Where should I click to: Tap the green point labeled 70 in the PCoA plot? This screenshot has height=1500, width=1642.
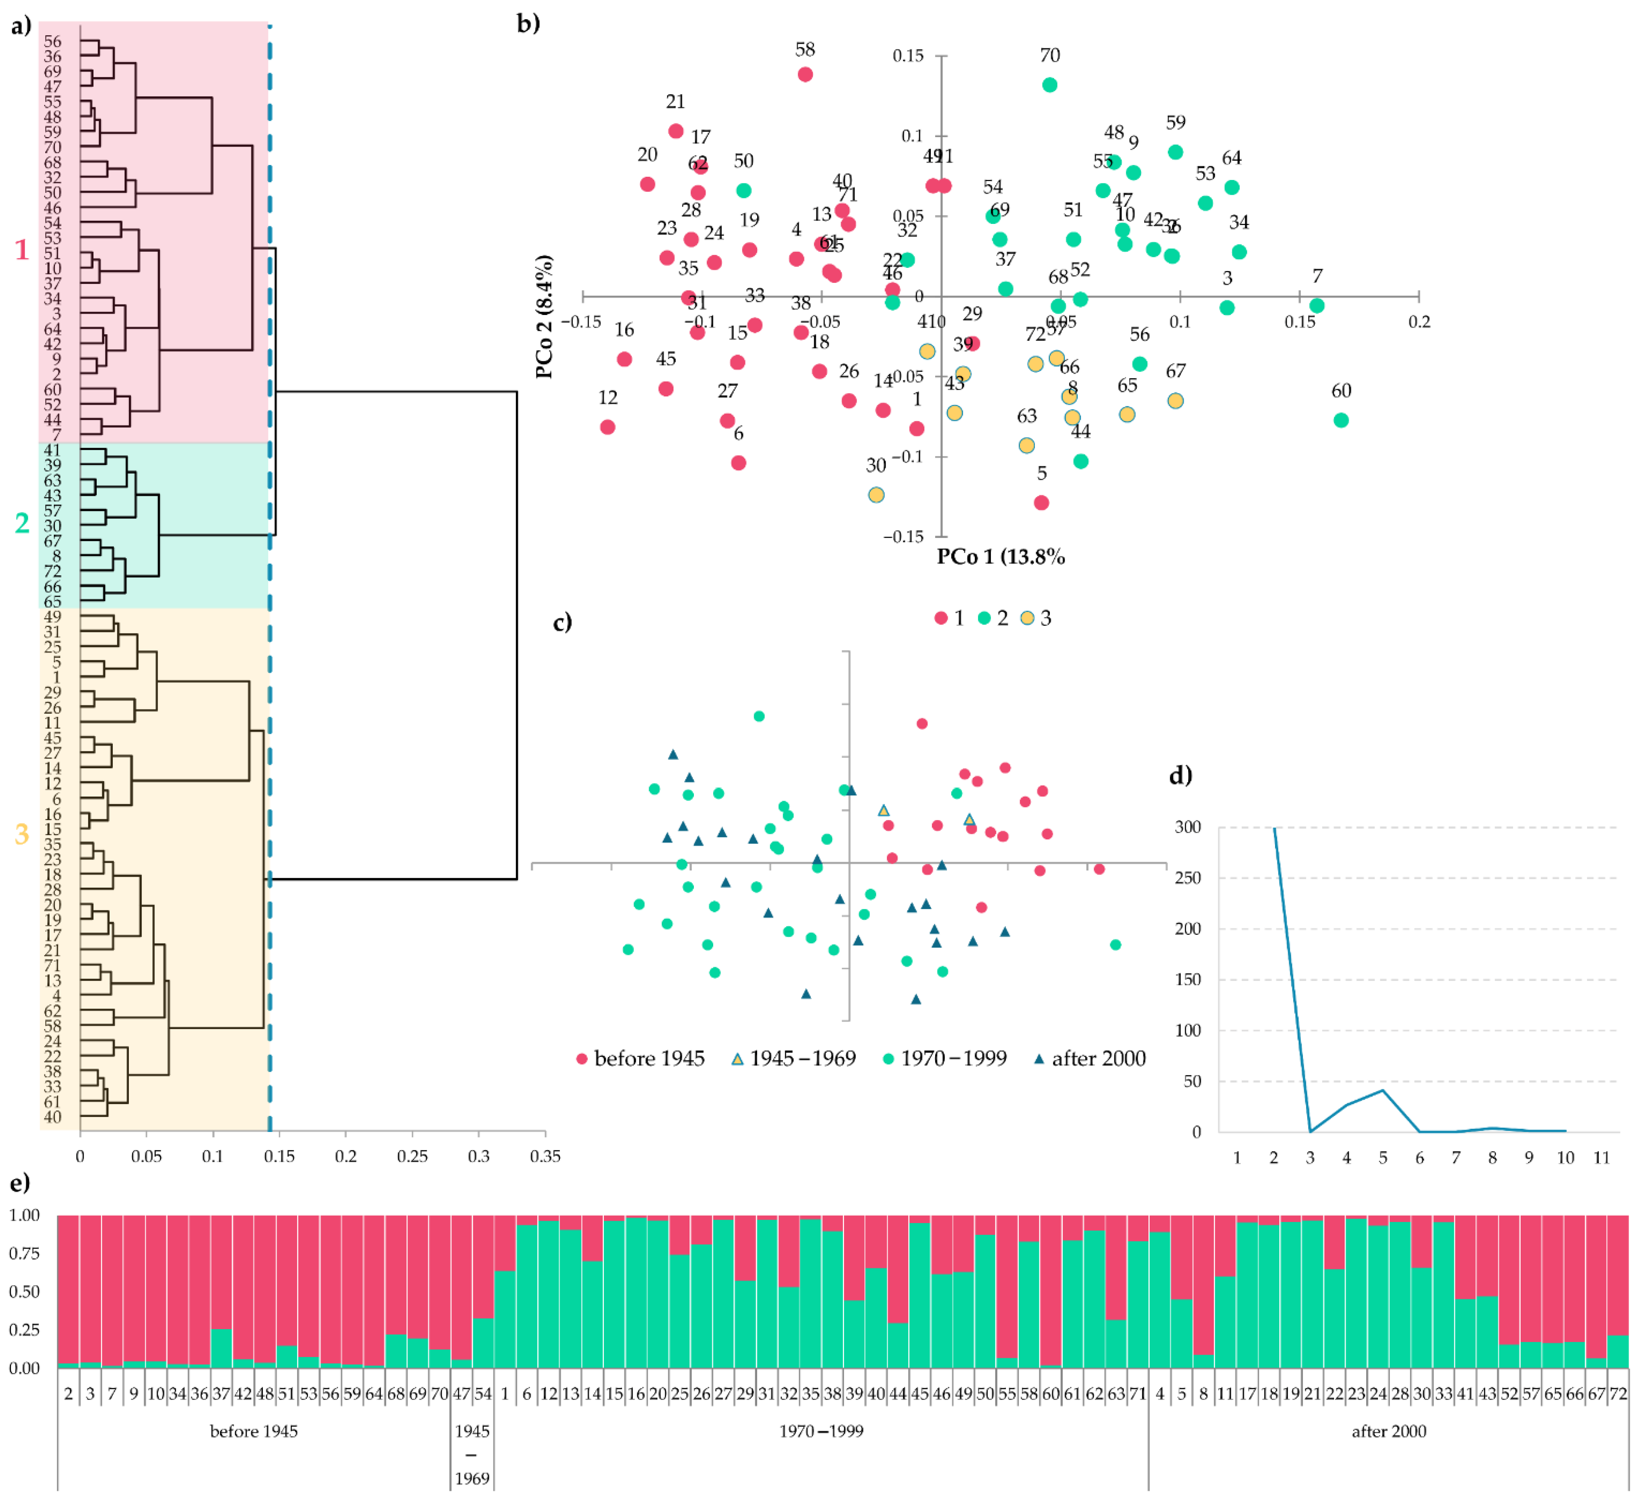click(x=1050, y=85)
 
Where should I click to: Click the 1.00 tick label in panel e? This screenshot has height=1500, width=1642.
click(x=24, y=1215)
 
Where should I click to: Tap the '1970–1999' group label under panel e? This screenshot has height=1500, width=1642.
click(x=821, y=1431)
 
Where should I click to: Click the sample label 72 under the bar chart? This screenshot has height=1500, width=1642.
click(x=1618, y=1393)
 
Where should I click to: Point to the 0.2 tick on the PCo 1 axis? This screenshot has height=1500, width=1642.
click(x=1419, y=322)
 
